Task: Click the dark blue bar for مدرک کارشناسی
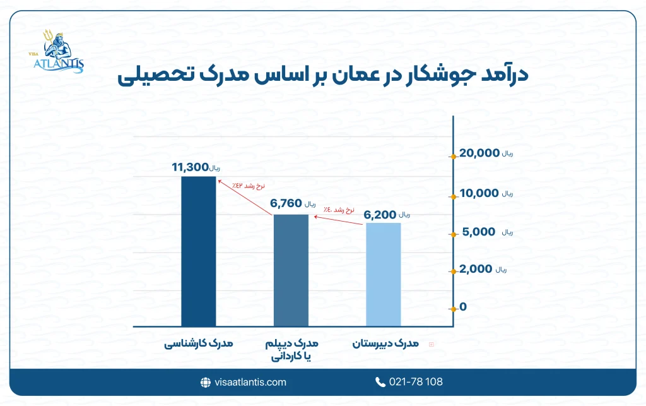pyautogui.click(x=198, y=251)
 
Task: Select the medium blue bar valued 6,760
pyautogui.click(x=291, y=270)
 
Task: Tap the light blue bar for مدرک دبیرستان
pyautogui.click(x=383, y=275)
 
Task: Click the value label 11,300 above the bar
pyautogui.click(x=190, y=167)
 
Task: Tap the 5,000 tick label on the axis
pyautogui.click(x=479, y=232)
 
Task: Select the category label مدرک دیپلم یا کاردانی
pyautogui.click(x=291, y=350)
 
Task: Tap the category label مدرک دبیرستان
pyautogui.click(x=384, y=344)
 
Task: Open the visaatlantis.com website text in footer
pyautogui.click(x=250, y=382)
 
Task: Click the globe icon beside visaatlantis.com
pyautogui.click(x=205, y=382)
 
